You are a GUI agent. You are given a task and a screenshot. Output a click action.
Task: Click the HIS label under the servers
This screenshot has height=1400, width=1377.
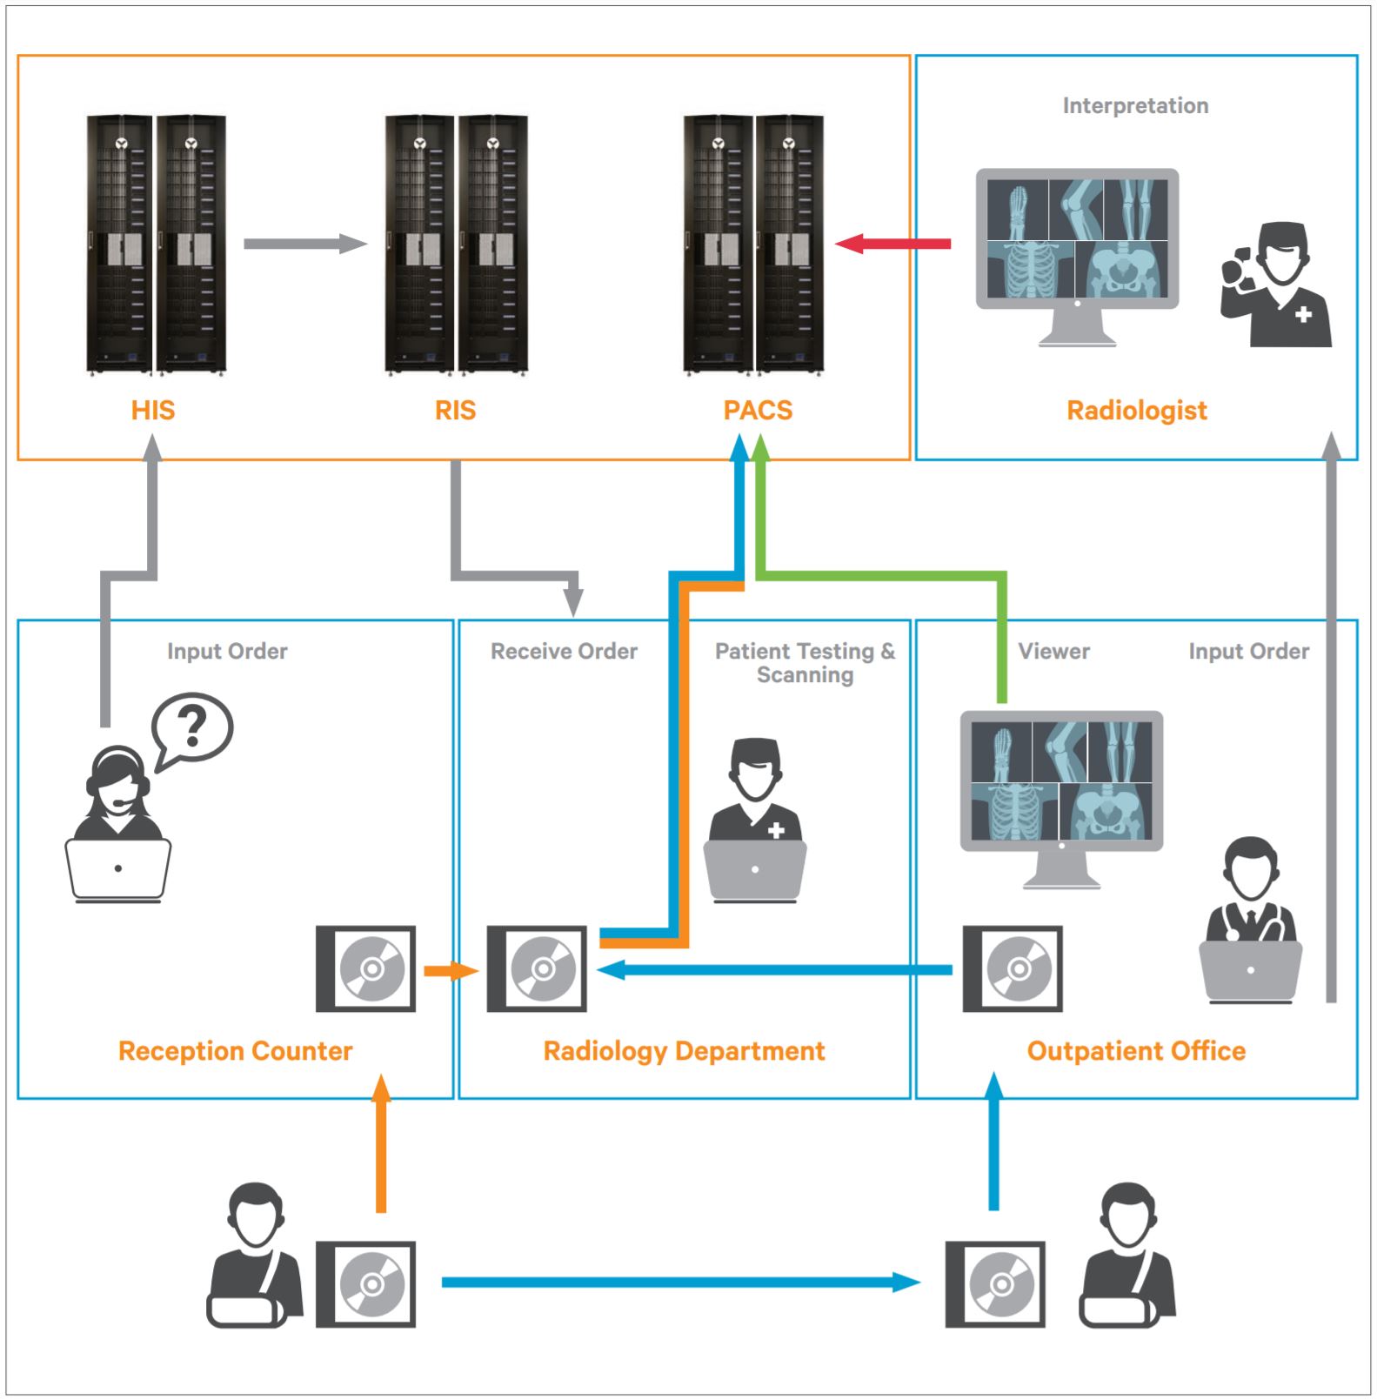[x=153, y=410]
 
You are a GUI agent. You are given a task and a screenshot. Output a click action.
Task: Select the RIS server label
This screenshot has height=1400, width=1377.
[x=455, y=410]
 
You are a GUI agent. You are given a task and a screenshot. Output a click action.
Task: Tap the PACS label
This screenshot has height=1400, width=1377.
[x=758, y=410]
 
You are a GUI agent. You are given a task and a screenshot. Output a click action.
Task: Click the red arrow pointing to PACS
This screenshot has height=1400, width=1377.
[x=892, y=244]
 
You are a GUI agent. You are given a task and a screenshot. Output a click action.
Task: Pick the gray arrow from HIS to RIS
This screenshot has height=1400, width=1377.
[x=304, y=244]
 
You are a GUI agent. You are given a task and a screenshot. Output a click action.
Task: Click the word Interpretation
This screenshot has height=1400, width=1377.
[x=1135, y=105]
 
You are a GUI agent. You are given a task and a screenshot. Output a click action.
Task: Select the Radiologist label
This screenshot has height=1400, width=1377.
[x=1136, y=410]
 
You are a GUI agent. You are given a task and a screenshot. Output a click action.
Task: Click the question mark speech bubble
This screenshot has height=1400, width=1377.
[x=192, y=727]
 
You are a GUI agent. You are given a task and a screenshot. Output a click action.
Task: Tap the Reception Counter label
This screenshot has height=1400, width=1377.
[x=235, y=1050]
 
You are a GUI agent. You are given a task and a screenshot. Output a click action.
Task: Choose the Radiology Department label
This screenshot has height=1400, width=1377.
[x=684, y=1050]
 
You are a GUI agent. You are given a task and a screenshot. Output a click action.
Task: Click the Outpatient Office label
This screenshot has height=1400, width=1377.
[x=1136, y=1050]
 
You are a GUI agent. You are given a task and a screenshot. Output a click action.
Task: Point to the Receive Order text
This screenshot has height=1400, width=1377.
[x=564, y=651]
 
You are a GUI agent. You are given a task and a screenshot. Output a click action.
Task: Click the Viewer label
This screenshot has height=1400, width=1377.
[x=1053, y=651]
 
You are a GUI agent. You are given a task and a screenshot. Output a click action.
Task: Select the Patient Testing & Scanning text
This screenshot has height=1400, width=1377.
[x=805, y=662]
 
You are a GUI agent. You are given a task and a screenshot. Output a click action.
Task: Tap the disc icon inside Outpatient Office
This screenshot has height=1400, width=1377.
[x=1013, y=968]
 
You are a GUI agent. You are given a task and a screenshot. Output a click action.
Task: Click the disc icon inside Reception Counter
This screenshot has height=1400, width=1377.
[x=365, y=968]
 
